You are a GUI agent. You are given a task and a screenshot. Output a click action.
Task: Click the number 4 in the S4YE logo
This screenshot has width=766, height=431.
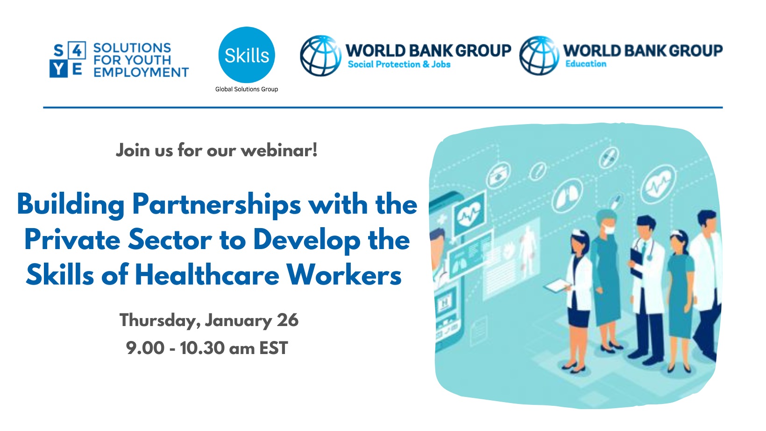pyautogui.click(x=77, y=50)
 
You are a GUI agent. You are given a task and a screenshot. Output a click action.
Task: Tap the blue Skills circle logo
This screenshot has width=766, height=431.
pyautogui.click(x=247, y=55)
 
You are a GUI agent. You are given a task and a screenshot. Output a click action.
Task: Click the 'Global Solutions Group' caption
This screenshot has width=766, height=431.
pyautogui.click(x=247, y=89)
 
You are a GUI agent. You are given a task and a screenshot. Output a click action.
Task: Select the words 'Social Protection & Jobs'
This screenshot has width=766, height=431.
pyautogui.click(x=399, y=64)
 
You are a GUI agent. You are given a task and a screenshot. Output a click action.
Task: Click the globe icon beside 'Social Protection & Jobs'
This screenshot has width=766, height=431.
pyautogui.click(x=320, y=56)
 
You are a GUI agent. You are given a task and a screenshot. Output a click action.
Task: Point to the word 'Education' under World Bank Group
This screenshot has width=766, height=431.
pyautogui.click(x=586, y=63)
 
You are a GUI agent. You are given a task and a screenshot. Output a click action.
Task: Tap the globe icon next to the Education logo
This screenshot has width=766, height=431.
pyautogui.click(x=539, y=56)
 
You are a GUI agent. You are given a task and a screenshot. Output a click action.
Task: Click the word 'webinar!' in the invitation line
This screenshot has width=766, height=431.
pyautogui.click(x=279, y=150)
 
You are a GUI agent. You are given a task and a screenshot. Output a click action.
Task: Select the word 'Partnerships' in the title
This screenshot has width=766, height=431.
pyautogui.click(x=217, y=204)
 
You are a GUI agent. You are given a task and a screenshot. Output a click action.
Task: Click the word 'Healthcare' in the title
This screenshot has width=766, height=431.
pyautogui.click(x=207, y=275)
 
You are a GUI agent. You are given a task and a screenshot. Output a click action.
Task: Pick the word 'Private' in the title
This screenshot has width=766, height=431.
pyautogui.click(x=72, y=240)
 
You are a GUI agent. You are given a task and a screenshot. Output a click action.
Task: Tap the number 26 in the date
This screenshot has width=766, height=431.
pyautogui.click(x=288, y=320)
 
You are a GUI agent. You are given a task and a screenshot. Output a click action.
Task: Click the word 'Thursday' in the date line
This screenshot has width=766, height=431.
pyautogui.click(x=160, y=321)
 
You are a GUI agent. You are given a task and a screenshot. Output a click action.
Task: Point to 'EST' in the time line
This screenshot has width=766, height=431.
pyautogui.click(x=274, y=348)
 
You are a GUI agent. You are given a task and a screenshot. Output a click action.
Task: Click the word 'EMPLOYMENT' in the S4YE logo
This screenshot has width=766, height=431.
pyautogui.click(x=141, y=72)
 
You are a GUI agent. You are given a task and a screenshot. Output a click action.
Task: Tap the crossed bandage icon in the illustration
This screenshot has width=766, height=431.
pyautogui.click(x=609, y=158)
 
